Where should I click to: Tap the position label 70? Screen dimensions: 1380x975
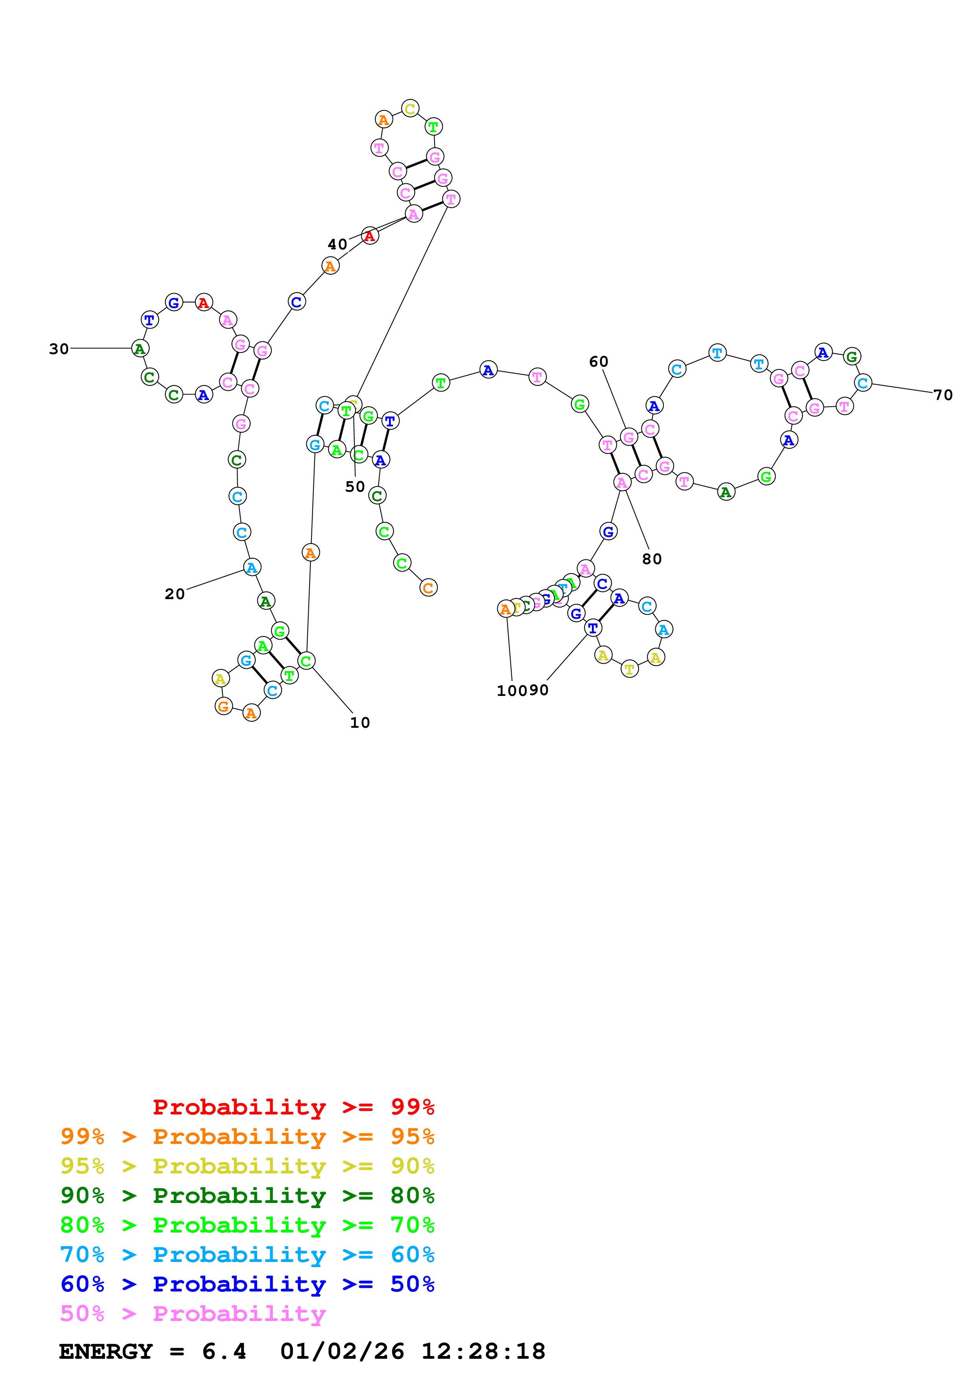[x=943, y=395]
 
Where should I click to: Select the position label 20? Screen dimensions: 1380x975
[x=175, y=594]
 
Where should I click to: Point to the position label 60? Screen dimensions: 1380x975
[x=598, y=361]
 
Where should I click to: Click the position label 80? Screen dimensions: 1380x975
[x=652, y=559]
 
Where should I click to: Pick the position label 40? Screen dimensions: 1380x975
[x=337, y=244]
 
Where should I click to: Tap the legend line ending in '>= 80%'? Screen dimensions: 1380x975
[x=247, y=1196]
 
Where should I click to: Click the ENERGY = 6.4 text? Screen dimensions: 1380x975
[x=153, y=1351]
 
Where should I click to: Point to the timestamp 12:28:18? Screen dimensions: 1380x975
[x=483, y=1351]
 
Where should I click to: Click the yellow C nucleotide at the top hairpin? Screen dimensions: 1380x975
[x=410, y=109]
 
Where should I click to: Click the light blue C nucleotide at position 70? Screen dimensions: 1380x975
[x=863, y=383]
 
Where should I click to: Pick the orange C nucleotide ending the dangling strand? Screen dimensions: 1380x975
[x=428, y=588]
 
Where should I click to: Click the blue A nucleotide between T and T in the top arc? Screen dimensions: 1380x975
[x=488, y=370]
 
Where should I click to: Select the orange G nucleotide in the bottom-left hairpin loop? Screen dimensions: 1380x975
[x=223, y=706]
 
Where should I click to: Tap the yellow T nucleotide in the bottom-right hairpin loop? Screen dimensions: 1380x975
[x=629, y=669]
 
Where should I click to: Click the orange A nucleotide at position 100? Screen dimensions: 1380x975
[x=506, y=609]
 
